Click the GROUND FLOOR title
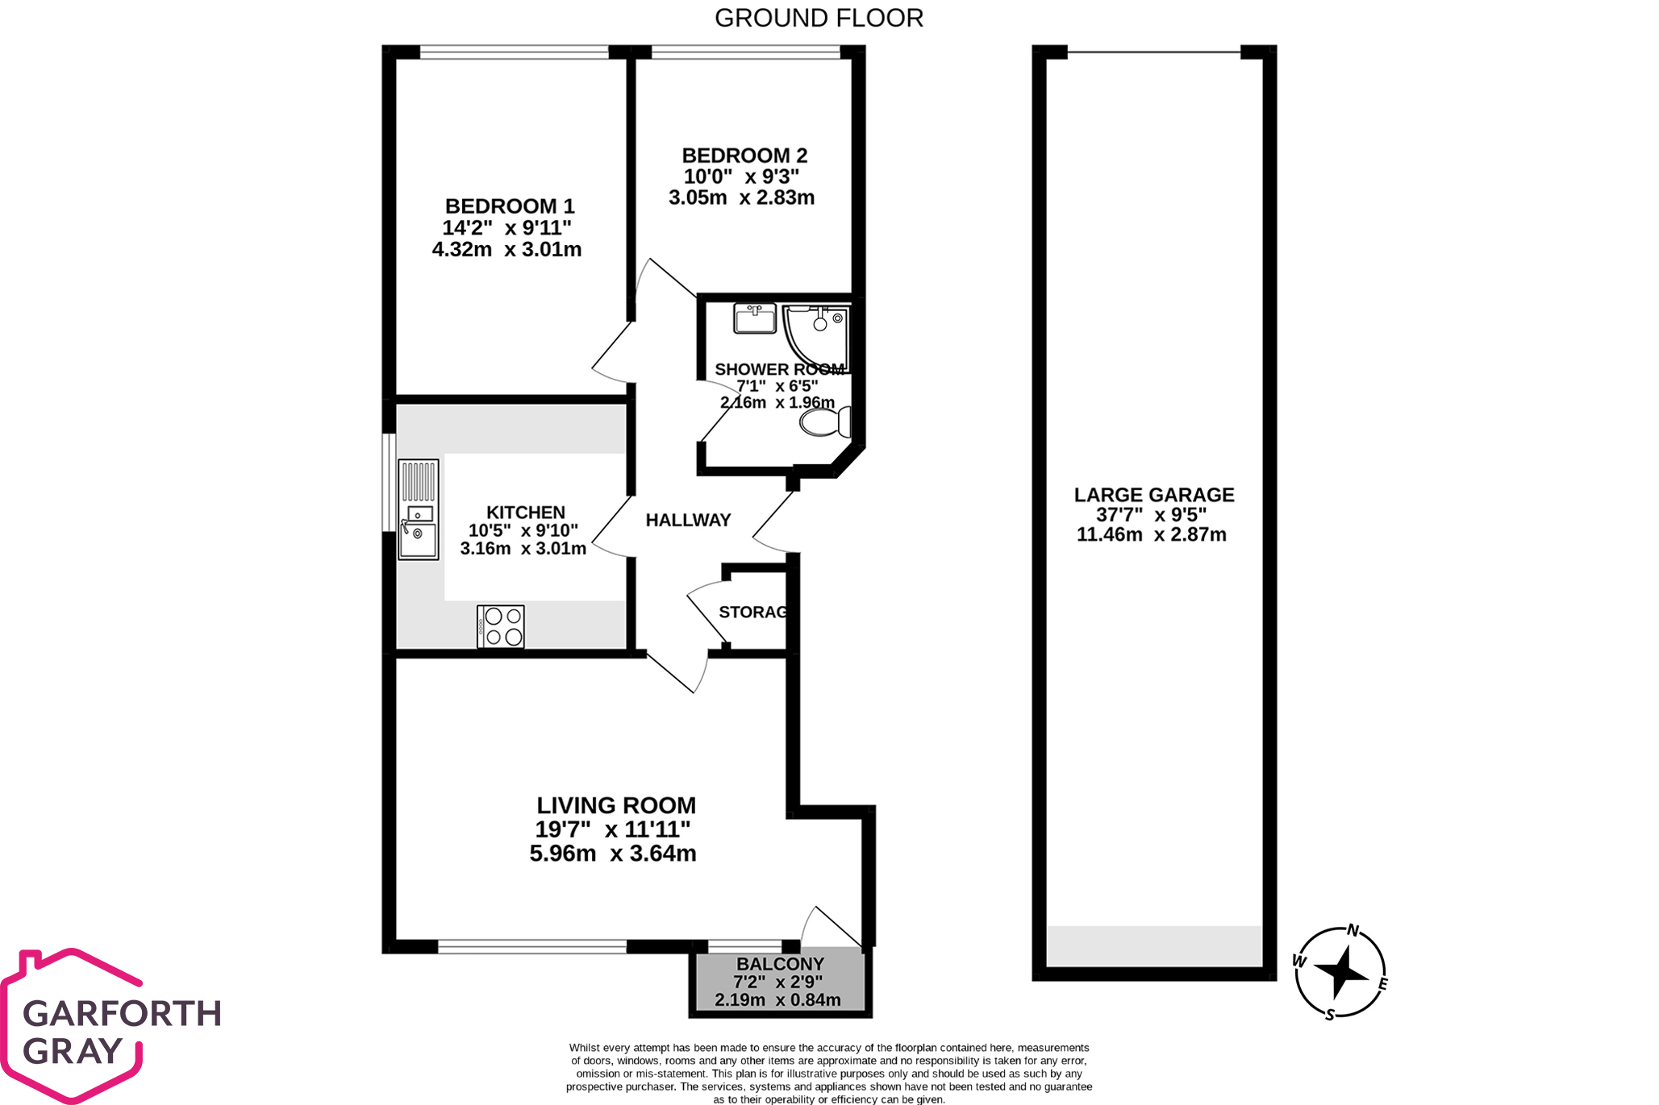[819, 18]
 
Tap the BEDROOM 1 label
[509, 206]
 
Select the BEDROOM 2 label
[744, 156]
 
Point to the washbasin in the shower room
[754, 318]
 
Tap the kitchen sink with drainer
[419, 509]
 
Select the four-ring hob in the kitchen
[501, 626]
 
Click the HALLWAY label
[688, 521]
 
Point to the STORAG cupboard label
[752, 613]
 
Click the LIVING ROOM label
[616, 805]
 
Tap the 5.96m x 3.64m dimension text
[613, 854]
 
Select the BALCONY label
[780, 964]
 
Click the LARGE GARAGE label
[1153, 495]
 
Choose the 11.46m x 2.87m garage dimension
[1151, 534]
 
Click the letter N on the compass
[1353, 931]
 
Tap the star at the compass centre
[1340, 972]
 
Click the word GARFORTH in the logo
[122, 1014]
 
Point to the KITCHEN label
[525, 513]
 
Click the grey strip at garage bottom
[1153, 945]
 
